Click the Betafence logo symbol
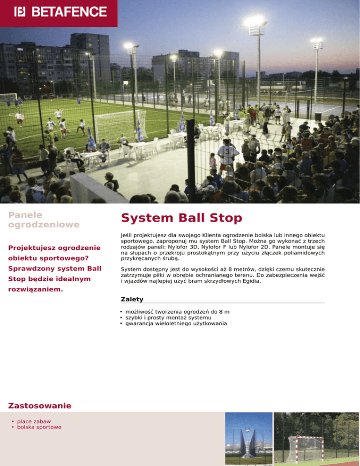[20, 11]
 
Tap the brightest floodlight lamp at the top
[254, 21]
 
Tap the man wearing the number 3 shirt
[227, 155]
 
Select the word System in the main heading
[142, 218]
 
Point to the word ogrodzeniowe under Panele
[44, 225]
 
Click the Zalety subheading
[132, 299]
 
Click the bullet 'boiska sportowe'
[39, 427]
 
